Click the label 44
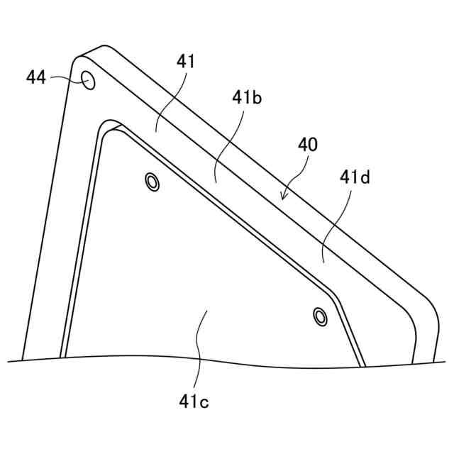[36, 77]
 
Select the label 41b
[247, 99]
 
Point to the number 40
[308, 145]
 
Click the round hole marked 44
[88, 81]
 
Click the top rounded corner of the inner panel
[110, 127]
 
